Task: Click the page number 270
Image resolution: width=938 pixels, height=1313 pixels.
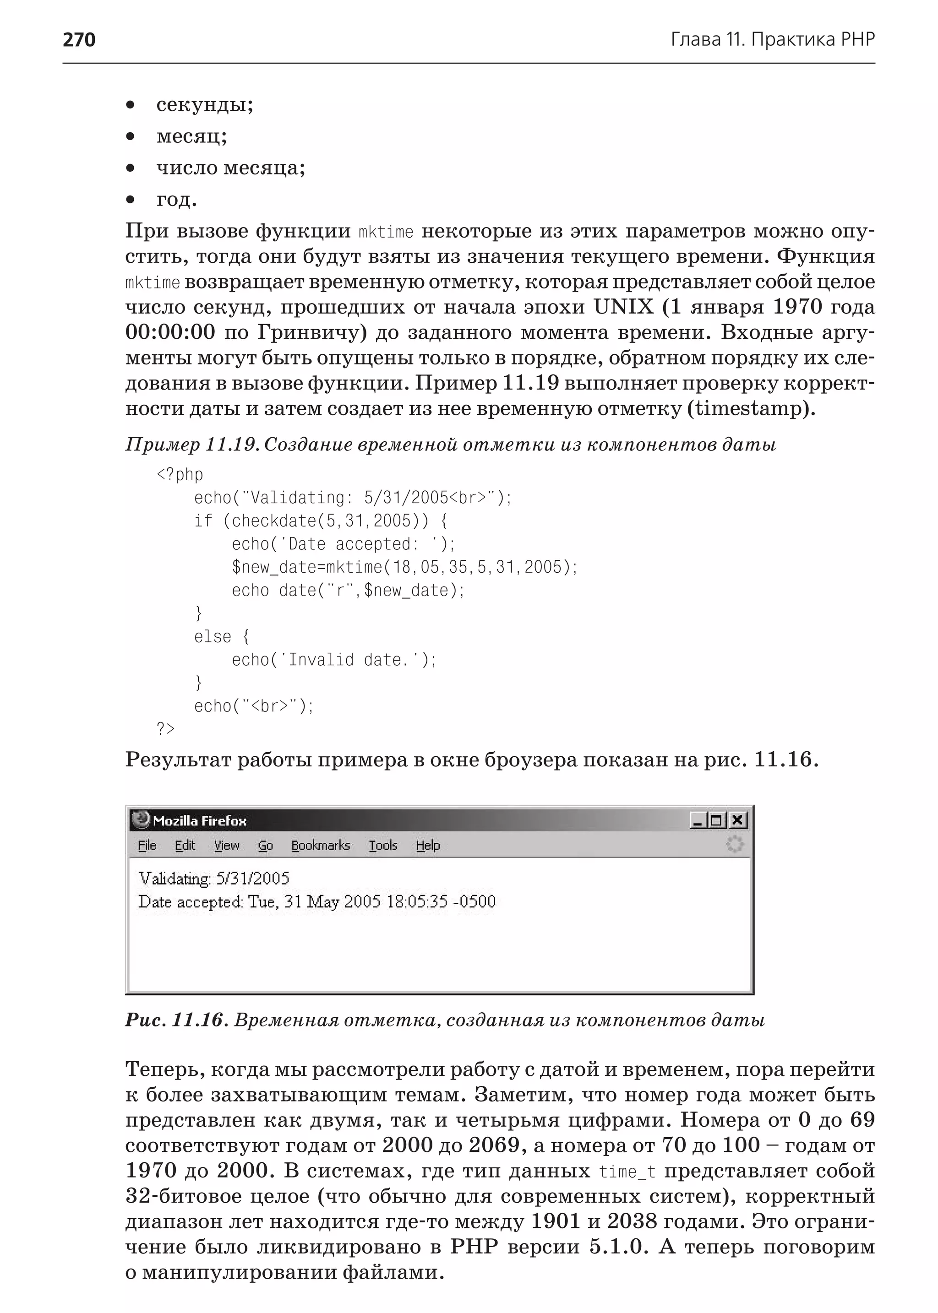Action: (x=79, y=39)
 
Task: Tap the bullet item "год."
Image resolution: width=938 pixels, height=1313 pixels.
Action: (x=176, y=200)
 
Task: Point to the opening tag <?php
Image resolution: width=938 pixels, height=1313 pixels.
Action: (x=180, y=475)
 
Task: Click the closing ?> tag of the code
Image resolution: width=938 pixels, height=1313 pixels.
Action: (x=165, y=729)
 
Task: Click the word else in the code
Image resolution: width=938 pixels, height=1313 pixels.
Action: (x=212, y=636)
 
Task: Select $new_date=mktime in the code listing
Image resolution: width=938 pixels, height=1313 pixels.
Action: (x=307, y=567)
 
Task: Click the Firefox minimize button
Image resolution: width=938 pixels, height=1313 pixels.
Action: (x=699, y=820)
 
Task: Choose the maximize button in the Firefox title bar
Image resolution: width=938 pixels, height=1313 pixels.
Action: (x=717, y=820)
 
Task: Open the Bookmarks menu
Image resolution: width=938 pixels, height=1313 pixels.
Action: (x=321, y=845)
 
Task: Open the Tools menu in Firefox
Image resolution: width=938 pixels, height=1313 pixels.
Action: (x=383, y=845)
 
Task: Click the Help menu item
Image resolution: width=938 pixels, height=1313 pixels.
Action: (x=427, y=845)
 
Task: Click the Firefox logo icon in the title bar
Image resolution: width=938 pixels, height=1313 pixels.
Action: (x=140, y=819)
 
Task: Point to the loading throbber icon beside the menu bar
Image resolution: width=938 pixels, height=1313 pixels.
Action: (x=735, y=844)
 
